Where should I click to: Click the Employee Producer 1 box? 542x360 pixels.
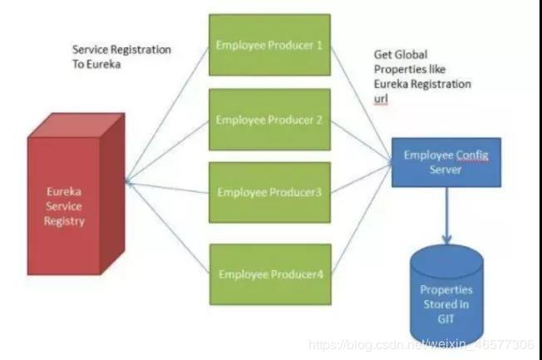click(269, 45)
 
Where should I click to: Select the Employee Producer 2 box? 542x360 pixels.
click(269, 120)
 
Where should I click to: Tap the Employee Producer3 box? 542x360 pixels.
click(269, 193)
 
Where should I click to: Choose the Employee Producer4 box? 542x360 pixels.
click(270, 274)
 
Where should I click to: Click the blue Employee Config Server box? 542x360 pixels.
click(446, 162)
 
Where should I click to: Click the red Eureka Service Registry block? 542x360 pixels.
click(76, 194)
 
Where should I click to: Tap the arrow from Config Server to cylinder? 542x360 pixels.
click(446, 215)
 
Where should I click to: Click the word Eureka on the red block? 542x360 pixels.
click(64, 191)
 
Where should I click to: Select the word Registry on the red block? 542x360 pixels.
click(64, 221)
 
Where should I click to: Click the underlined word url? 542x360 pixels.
click(381, 99)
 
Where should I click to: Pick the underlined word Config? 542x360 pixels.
click(472, 155)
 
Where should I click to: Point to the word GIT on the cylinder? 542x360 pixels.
click(446, 319)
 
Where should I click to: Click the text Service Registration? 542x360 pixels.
click(121, 50)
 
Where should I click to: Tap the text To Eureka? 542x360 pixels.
click(96, 64)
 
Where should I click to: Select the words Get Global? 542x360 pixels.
click(401, 55)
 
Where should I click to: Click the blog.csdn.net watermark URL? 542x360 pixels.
click(421, 345)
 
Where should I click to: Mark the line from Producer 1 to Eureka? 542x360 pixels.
click(167, 114)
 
